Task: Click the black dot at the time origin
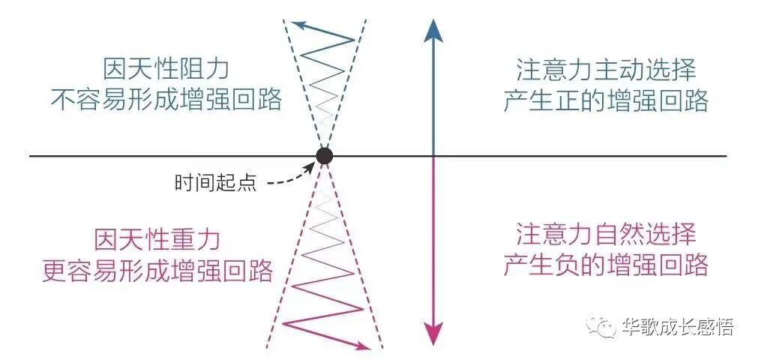tap(324, 156)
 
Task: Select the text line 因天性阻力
tap(166, 70)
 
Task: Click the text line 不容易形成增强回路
tap(166, 100)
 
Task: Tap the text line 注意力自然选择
tap(606, 235)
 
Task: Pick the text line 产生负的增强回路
tap(606, 265)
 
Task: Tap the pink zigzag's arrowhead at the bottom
tap(364, 346)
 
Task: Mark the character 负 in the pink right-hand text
tap(571, 265)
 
